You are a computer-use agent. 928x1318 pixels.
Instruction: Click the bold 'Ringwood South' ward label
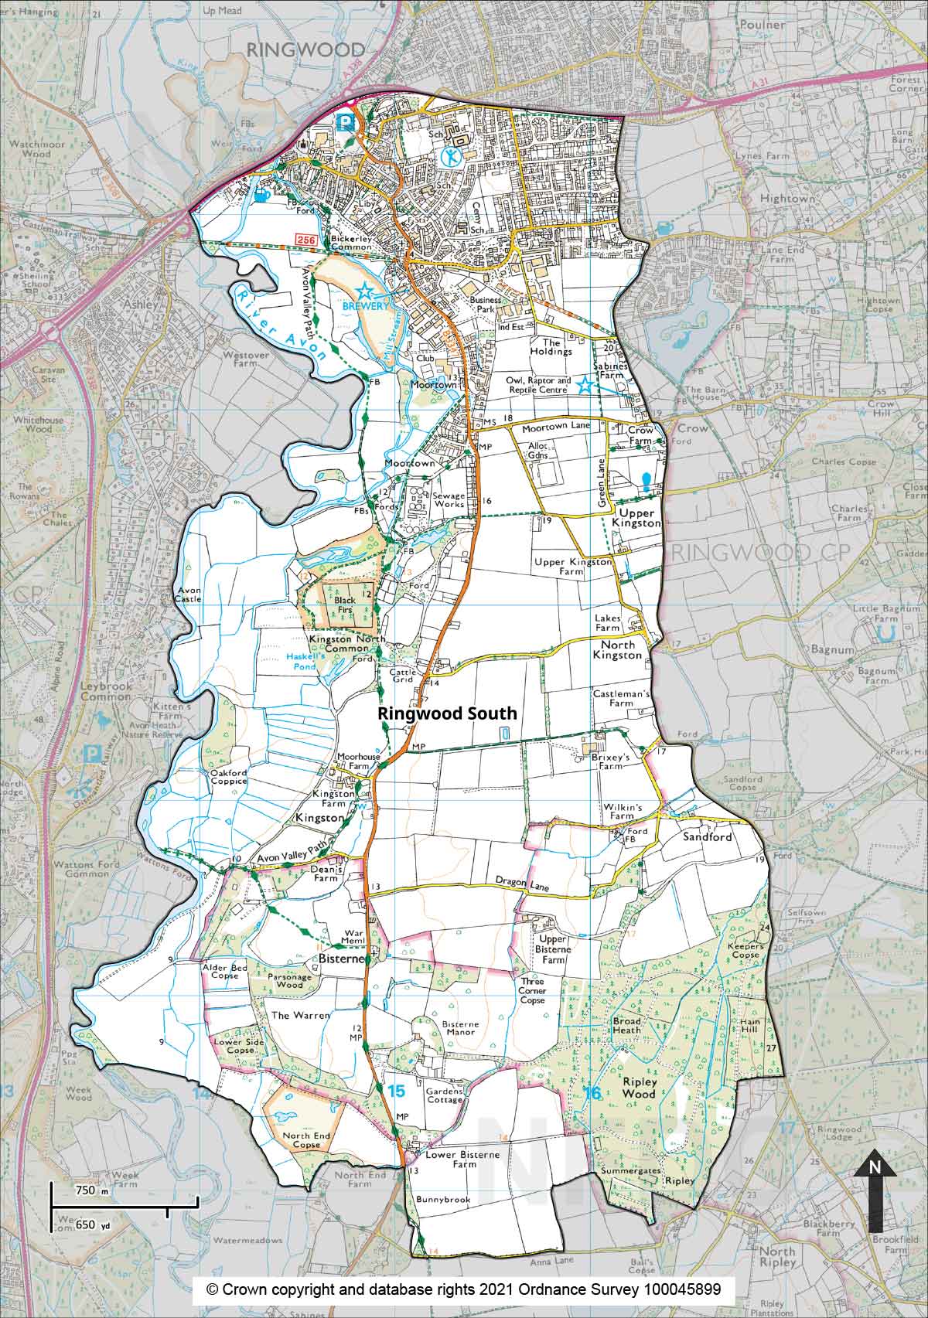[447, 714]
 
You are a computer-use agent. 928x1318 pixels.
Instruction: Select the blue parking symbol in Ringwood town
[346, 121]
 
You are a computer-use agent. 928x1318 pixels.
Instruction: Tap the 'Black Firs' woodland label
[344, 604]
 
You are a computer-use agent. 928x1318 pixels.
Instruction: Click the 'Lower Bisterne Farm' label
[464, 1159]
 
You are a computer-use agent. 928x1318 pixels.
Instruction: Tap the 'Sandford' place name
[706, 836]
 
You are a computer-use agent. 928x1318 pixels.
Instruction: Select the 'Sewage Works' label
[448, 499]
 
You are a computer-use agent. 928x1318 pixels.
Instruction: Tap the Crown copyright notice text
[463, 1289]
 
